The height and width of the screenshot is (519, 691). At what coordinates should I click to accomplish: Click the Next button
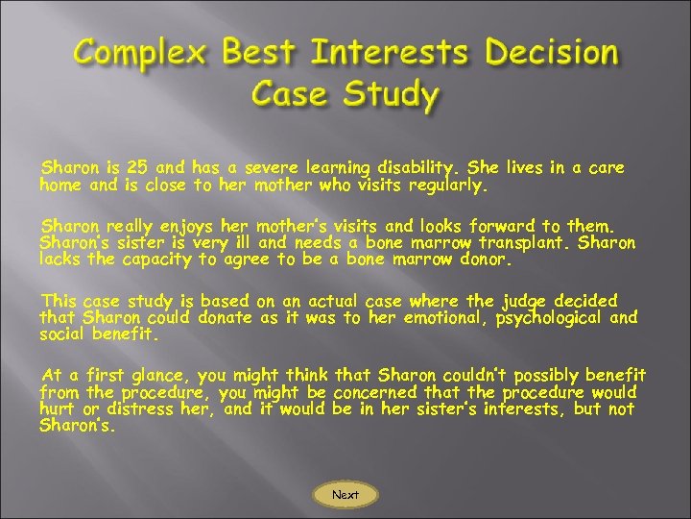click(x=345, y=495)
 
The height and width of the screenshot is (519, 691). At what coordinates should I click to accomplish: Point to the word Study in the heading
click(x=393, y=95)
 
